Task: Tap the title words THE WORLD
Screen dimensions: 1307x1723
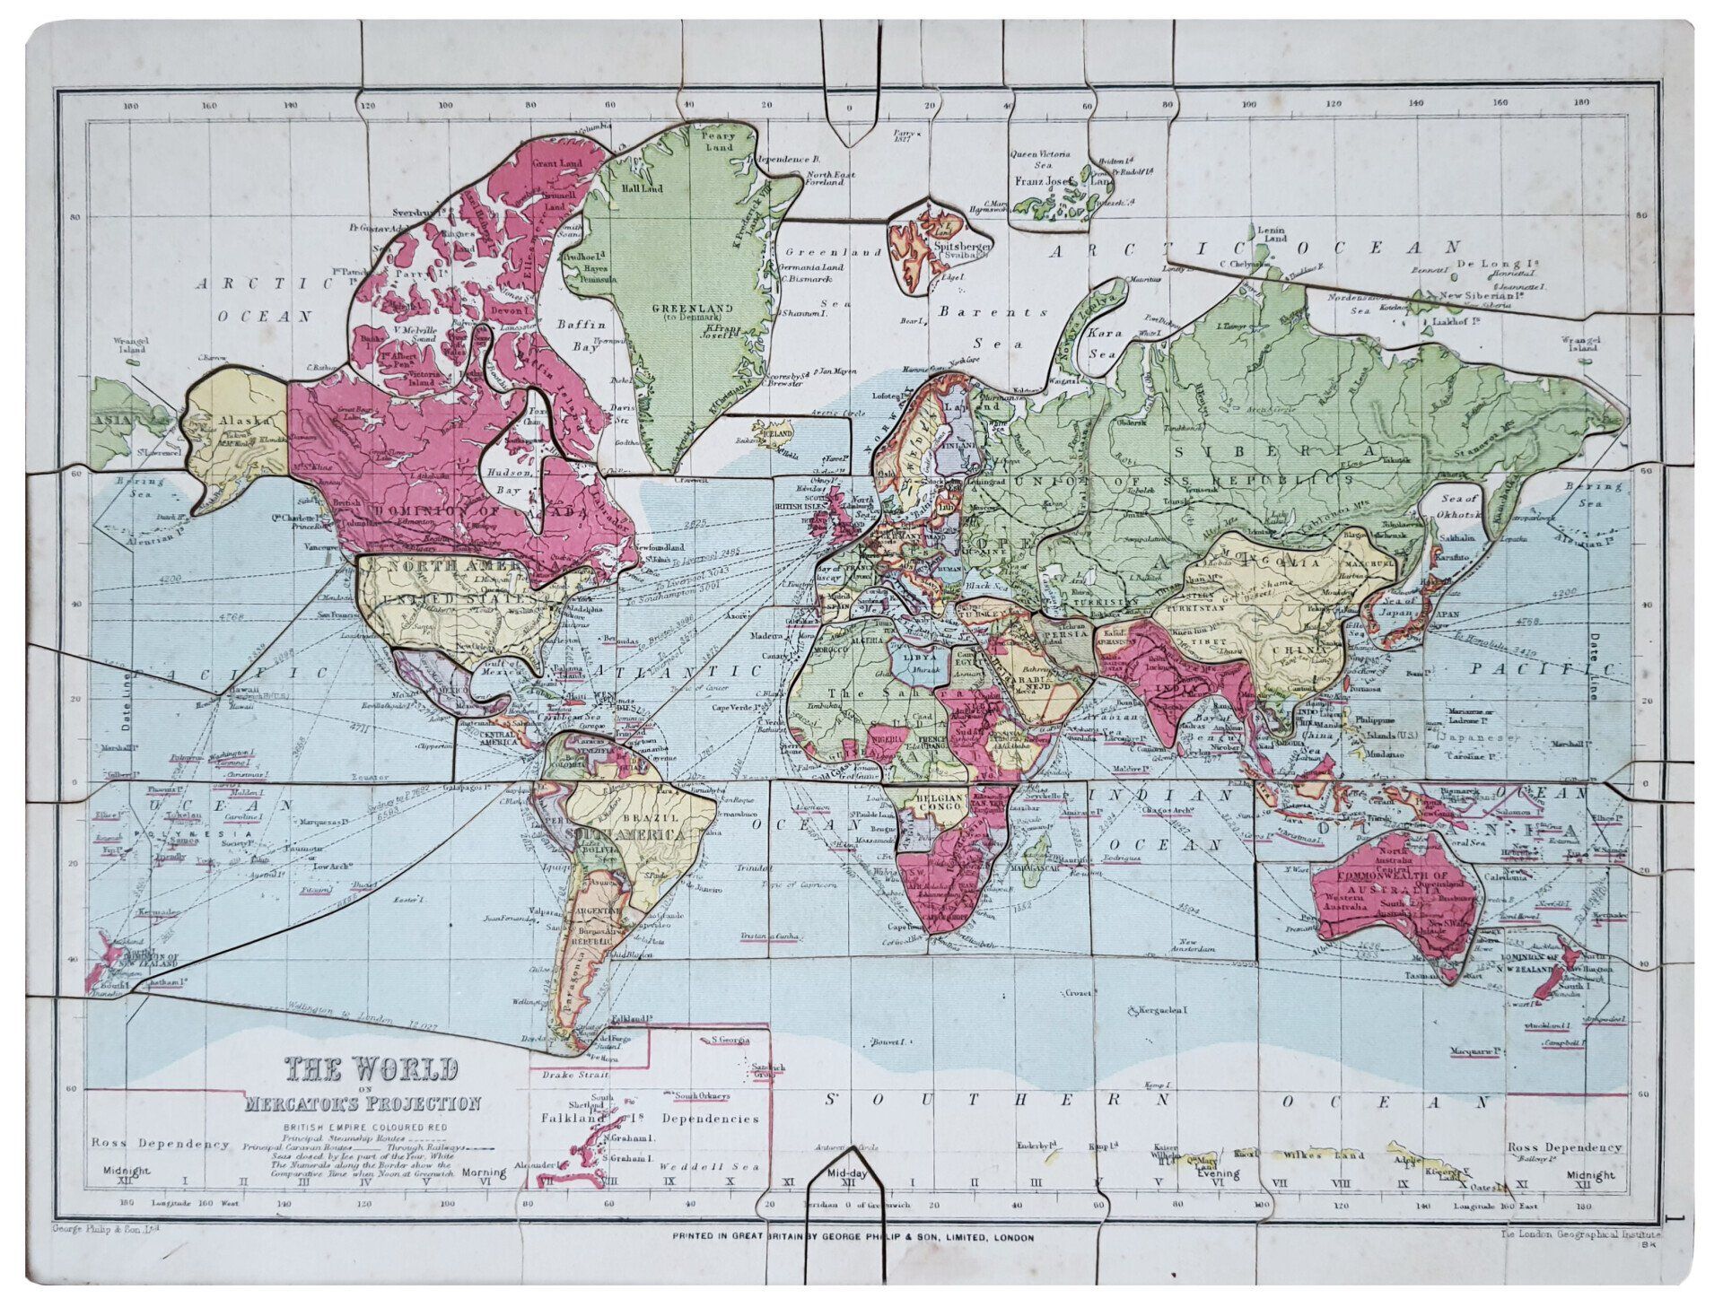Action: tap(372, 1069)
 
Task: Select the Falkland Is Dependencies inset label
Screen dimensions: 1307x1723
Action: tap(650, 1119)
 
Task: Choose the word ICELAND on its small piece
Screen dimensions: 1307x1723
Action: tap(777, 432)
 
